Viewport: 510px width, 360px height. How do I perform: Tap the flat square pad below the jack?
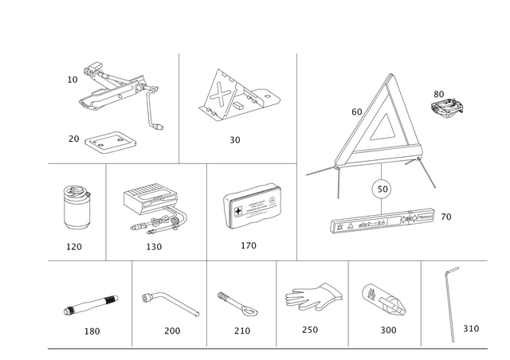point(111,143)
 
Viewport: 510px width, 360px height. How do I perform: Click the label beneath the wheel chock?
point(235,140)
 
